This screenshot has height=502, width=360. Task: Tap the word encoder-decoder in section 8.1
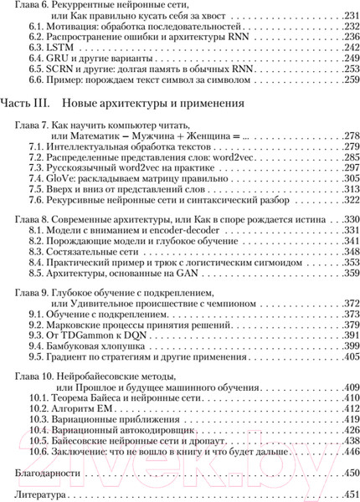coord(170,229)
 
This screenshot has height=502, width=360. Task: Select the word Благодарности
coord(42,474)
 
